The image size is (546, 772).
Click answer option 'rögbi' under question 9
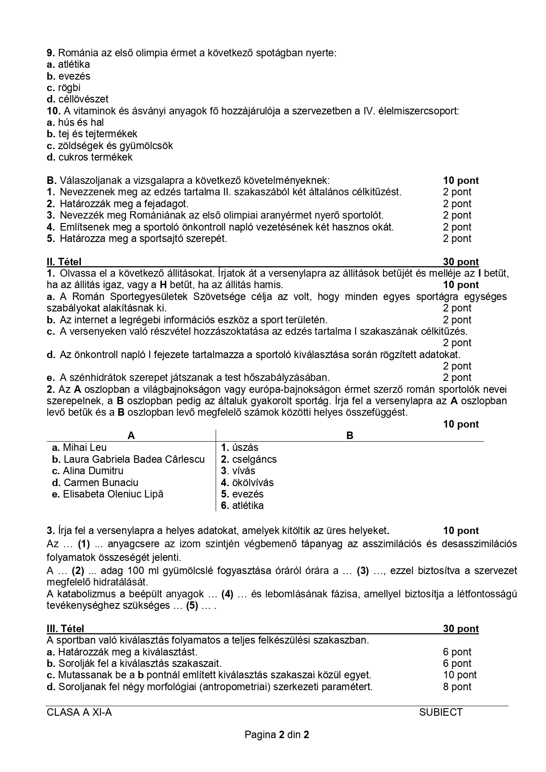pyautogui.click(x=69, y=88)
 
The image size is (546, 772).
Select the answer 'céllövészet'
pyautogui.click(x=83, y=99)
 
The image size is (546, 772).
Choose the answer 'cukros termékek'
pyautogui.click(x=95, y=157)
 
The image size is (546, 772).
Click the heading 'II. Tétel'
pyautogui.click(x=64, y=262)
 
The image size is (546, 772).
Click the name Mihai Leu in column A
pyautogui.click(x=84, y=447)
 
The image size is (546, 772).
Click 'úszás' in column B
pyautogui.click(x=245, y=447)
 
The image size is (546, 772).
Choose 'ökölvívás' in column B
pyautogui.click(x=253, y=483)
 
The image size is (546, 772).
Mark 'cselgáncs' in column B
pyautogui.click(x=254, y=459)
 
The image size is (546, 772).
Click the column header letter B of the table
pyautogui.click(x=350, y=435)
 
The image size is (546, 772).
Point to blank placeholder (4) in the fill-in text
pyautogui.click(x=227, y=594)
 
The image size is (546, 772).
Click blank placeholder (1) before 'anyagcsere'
pyautogui.click(x=84, y=544)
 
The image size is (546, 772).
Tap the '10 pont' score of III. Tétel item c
pyautogui.click(x=460, y=675)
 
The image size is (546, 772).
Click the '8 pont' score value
pyautogui.click(x=457, y=687)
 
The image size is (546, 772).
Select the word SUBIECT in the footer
pyautogui.click(x=441, y=712)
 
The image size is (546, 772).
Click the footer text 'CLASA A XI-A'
pyautogui.click(x=79, y=712)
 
